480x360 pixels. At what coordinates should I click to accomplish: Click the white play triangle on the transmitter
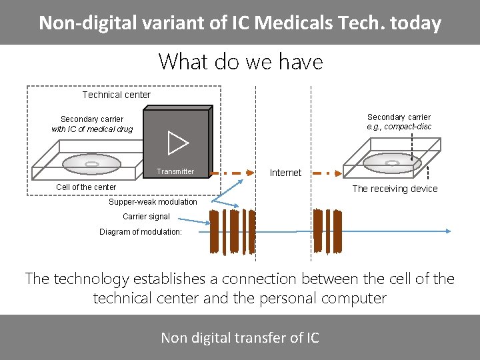[177, 143]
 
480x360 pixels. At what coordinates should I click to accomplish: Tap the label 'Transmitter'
[175, 171]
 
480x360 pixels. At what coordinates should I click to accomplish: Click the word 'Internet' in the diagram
[285, 173]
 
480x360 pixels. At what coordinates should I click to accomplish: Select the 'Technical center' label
[117, 95]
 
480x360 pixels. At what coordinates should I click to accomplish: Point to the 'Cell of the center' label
[86, 187]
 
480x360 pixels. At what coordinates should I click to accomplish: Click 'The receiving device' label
[395, 189]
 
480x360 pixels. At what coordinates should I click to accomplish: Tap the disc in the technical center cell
[93, 163]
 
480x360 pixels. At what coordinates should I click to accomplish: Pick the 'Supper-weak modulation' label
[153, 202]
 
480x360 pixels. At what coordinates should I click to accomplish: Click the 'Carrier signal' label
[146, 217]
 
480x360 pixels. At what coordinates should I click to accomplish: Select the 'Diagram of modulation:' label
[141, 232]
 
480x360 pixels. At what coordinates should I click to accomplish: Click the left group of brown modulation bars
[225, 231]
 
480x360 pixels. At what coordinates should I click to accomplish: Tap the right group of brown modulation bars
[327, 231]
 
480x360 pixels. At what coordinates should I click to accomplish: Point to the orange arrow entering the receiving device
[324, 173]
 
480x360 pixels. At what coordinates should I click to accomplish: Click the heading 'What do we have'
[240, 62]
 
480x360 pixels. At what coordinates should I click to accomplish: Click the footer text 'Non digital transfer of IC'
[240, 338]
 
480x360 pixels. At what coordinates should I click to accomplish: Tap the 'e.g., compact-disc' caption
[399, 127]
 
